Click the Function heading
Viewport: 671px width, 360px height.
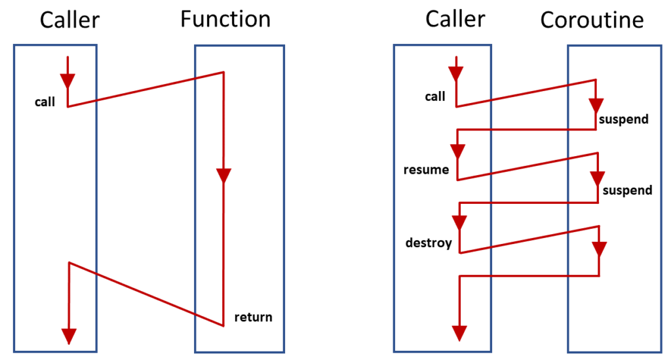click(x=225, y=19)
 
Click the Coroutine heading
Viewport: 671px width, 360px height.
click(x=592, y=20)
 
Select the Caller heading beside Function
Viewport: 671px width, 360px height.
click(x=69, y=20)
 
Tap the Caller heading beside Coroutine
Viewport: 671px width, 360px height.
click(x=455, y=18)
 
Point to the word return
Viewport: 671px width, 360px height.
click(x=253, y=318)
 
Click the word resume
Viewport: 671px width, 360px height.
click(x=427, y=170)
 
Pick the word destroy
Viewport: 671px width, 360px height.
click(x=429, y=243)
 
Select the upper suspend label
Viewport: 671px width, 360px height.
click(x=624, y=119)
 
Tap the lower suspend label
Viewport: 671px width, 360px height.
click(x=627, y=191)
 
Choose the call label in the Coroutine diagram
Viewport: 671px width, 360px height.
click(x=435, y=97)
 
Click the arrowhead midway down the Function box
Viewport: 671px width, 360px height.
click(x=224, y=176)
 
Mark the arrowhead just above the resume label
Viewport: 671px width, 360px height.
click(x=457, y=151)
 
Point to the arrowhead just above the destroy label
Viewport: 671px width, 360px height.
click(x=459, y=223)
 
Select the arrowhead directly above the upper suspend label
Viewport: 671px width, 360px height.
click(x=596, y=105)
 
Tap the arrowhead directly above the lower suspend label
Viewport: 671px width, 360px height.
click(x=598, y=178)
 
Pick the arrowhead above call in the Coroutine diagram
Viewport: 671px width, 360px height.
click(x=456, y=75)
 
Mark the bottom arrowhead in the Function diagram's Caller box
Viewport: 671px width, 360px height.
click(x=68, y=336)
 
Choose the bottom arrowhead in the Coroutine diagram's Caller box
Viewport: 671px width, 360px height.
click(x=459, y=332)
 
